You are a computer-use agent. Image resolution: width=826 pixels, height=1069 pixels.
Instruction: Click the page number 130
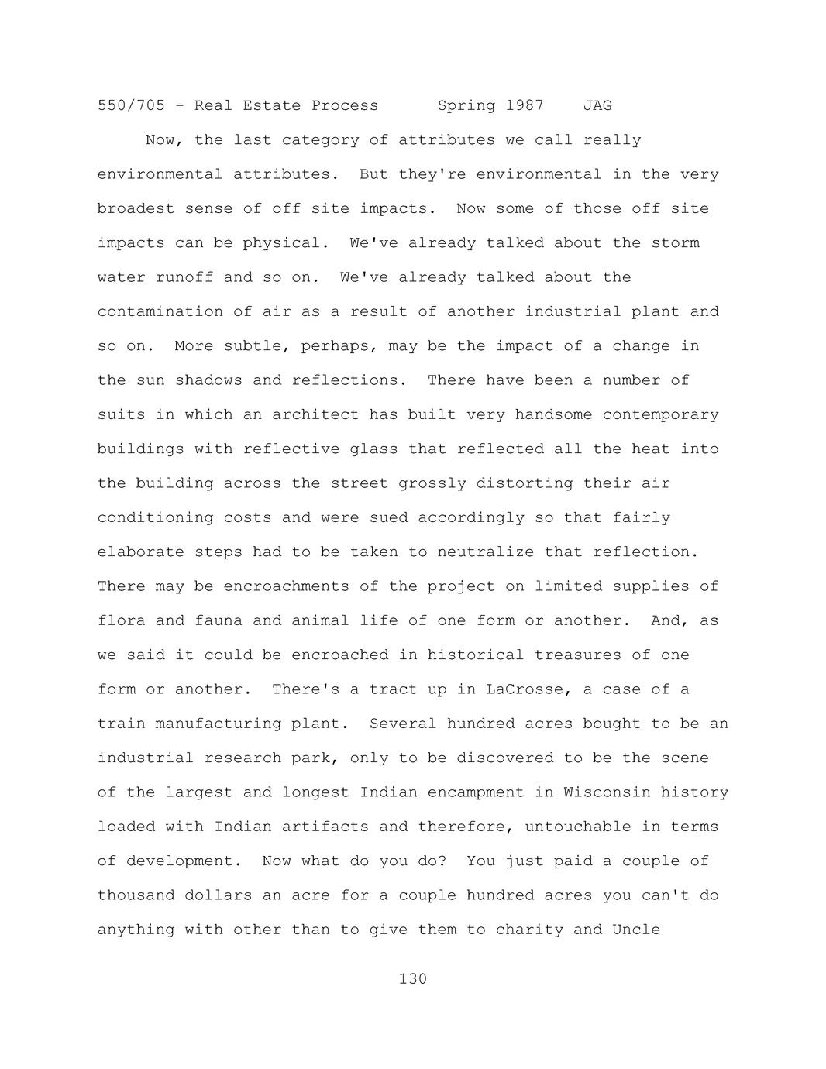[412, 979]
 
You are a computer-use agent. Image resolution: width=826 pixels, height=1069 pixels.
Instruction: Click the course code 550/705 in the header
[131, 105]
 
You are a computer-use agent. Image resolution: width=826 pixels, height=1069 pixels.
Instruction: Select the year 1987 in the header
[525, 105]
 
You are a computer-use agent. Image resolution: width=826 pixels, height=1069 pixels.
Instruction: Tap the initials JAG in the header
[597, 105]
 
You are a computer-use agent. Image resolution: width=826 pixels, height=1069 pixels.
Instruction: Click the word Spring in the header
[466, 105]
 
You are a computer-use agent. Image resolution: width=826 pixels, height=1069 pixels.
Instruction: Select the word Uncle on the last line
[636, 930]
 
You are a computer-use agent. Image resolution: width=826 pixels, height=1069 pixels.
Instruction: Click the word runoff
[184, 277]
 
